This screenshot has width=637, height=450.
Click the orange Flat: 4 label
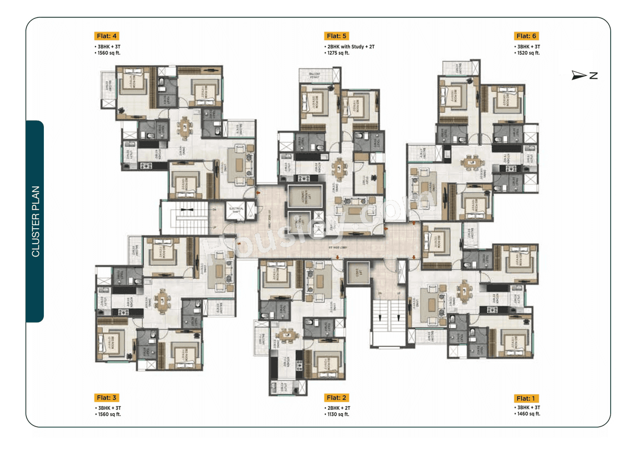point(106,36)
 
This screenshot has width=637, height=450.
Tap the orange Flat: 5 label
point(337,36)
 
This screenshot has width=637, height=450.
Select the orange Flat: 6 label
point(527,36)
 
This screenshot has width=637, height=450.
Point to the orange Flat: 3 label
point(106,397)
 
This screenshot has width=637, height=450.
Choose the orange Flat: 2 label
point(337,397)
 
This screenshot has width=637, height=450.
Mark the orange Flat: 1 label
point(527,398)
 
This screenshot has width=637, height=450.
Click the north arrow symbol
point(579,75)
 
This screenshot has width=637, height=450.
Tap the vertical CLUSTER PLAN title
point(35,221)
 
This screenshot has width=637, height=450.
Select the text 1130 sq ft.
point(337,414)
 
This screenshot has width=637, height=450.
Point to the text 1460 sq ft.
point(528,414)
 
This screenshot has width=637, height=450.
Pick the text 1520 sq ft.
point(528,53)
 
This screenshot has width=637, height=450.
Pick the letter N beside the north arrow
point(593,76)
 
